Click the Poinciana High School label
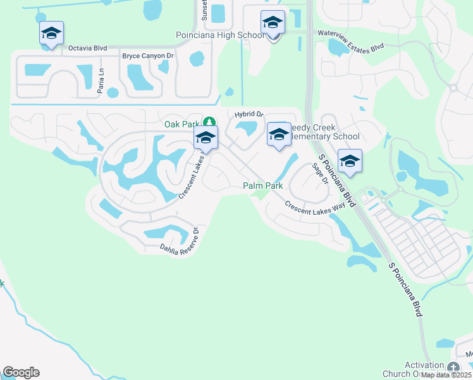(x=220, y=35)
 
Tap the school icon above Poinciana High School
(x=273, y=23)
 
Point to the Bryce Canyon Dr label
(x=148, y=56)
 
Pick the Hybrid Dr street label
(x=249, y=115)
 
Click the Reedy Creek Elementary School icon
(x=279, y=134)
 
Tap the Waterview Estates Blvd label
(x=350, y=49)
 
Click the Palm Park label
(x=262, y=186)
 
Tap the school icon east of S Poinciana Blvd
(x=350, y=161)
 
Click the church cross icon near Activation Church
(x=453, y=367)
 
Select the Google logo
(x=21, y=372)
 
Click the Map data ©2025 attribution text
(x=445, y=375)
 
